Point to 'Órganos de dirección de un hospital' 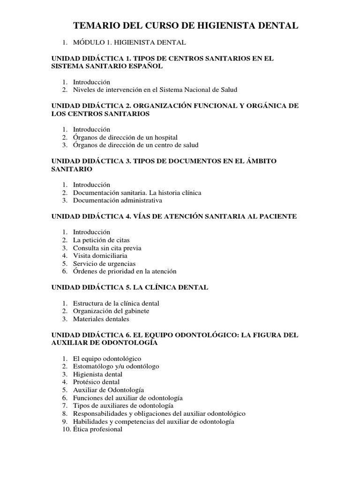point(125,137)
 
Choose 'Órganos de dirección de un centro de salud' point(136,145)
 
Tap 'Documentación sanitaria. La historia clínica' point(137,193)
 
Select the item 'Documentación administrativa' point(117,201)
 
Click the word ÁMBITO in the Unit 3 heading point(257,161)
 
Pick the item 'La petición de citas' point(101,240)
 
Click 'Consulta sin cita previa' point(107,248)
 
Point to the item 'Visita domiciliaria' point(100,256)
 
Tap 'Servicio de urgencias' point(104,264)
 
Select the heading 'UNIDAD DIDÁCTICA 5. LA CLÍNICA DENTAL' point(129,287)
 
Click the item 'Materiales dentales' point(101,319)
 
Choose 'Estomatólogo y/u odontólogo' point(116,366)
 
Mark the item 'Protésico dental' point(96,382)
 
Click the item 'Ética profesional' point(97,429)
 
